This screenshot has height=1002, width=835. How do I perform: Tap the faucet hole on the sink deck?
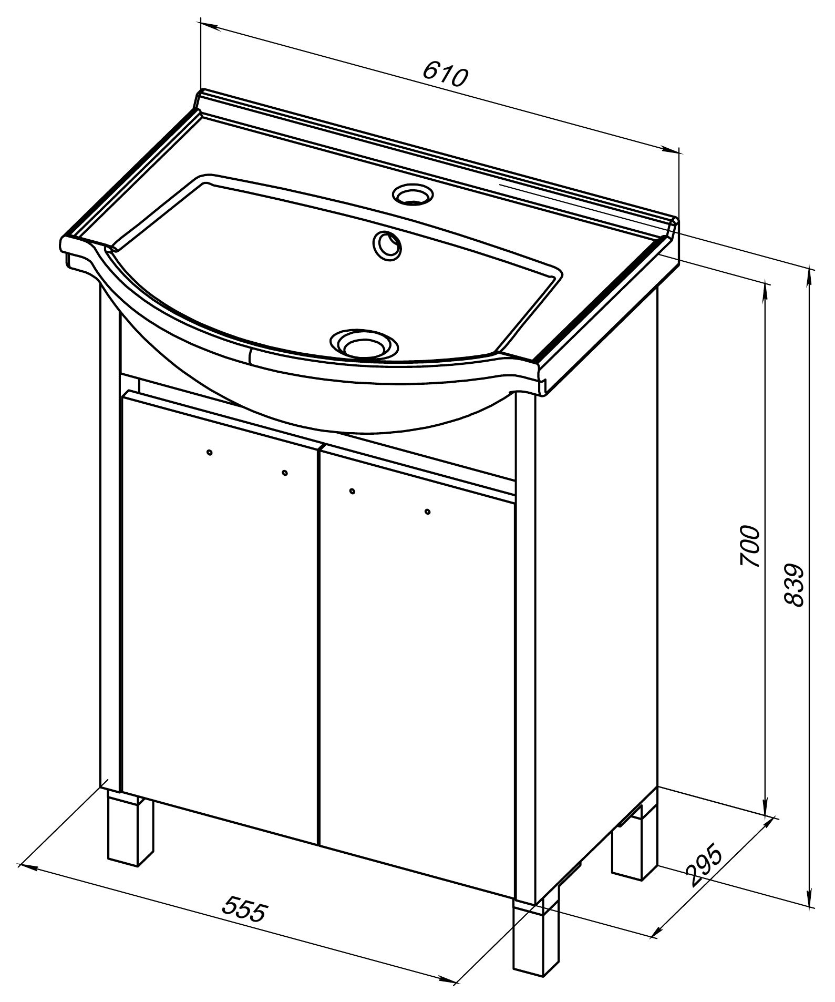414,193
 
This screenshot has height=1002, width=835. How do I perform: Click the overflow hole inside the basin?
387,246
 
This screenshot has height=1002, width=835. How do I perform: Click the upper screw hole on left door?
210,452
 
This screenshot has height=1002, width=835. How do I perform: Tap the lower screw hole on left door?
285,473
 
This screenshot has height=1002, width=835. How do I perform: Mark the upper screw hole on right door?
352,491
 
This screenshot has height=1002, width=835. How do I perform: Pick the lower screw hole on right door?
427,511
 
